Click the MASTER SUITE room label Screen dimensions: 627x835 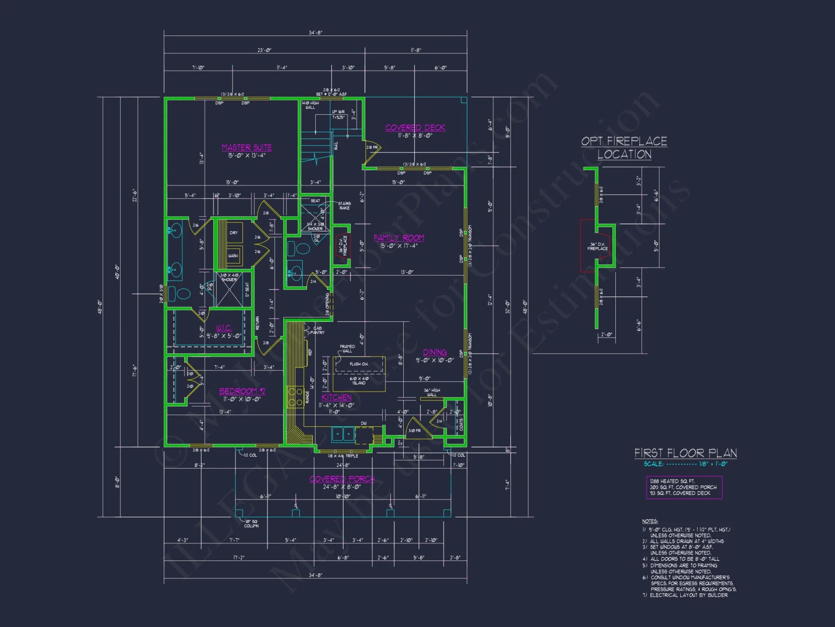click(x=246, y=148)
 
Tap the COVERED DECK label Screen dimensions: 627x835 click(x=415, y=128)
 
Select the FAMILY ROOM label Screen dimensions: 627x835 click(x=399, y=238)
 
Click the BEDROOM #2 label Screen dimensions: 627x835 click(x=242, y=391)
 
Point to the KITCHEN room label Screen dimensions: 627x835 click(x=337, y=398)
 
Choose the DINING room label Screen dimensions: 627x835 click(x=435, y=352)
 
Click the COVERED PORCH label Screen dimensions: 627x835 click(x=342, y=479)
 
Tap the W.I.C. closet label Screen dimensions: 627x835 click(x=224, y=328)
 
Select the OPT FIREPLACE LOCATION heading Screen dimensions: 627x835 click(x=624, y=148)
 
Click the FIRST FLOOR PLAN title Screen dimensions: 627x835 click(x=686, y=453)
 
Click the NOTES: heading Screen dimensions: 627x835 click(x=650, y=521)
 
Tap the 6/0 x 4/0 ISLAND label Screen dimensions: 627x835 click(x=359, y=381)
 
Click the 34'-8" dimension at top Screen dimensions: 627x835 click(x=315, y=33)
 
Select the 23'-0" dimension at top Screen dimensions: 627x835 click(x=264, y=50)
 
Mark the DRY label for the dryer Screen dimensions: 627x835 click(x=233, y=233)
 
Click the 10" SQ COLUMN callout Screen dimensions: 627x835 click(x=251, y=524)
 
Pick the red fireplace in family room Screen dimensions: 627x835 click(x=342, y=246)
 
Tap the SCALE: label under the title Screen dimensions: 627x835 click(x=653, y=464)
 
